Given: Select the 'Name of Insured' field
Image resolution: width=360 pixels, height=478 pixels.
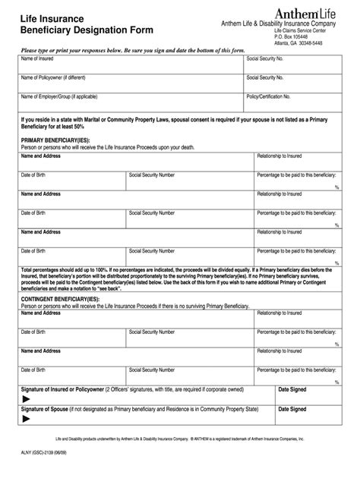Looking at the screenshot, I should tap(129, 64).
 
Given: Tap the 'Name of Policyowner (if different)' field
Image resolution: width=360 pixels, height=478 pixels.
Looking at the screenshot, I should tap(129, 83).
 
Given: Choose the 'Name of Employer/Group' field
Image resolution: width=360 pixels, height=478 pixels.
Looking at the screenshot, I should tap(129, 102).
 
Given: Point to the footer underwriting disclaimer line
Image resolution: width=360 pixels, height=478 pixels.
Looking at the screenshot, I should tap(179, 439).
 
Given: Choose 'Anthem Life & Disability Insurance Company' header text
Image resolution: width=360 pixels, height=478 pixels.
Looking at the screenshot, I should tap(285, 24).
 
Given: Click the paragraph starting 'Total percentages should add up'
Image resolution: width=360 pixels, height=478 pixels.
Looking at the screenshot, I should tap(179, 280).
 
